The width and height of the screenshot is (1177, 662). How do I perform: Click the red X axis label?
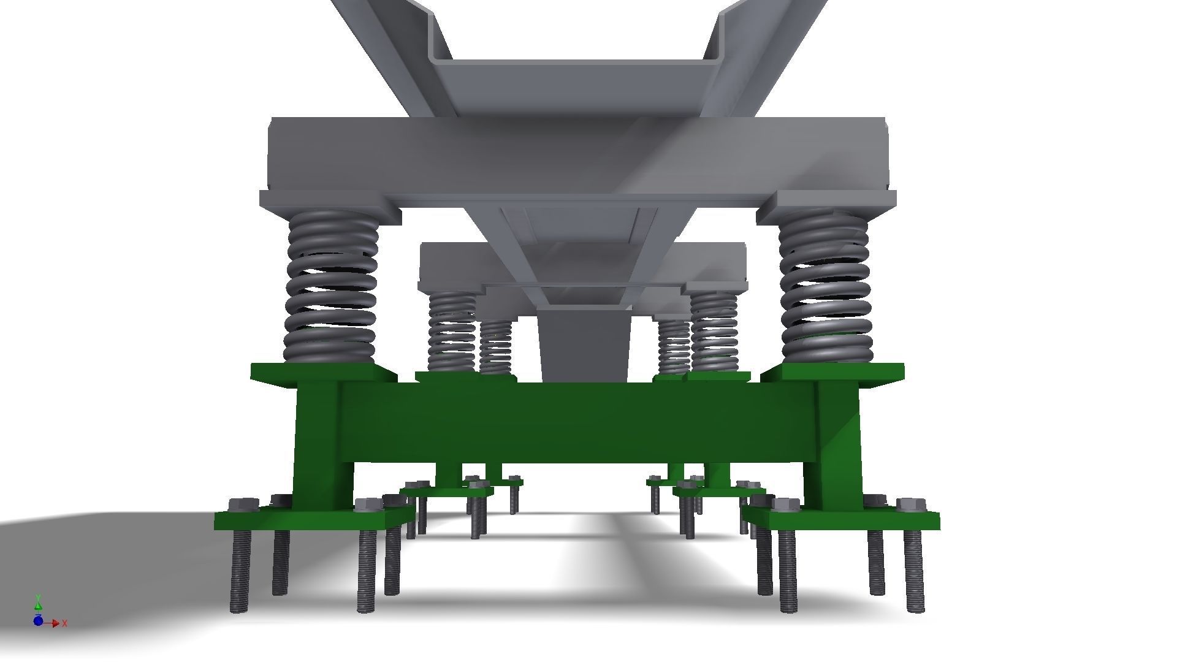65,623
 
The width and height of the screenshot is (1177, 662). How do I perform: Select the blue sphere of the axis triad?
38,621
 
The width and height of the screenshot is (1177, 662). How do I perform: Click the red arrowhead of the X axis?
56,623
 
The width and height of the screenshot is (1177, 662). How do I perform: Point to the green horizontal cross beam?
576,423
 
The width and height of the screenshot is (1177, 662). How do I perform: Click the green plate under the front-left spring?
324,372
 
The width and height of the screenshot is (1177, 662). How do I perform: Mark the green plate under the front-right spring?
834,372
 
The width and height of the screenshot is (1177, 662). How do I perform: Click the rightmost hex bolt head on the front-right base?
911,505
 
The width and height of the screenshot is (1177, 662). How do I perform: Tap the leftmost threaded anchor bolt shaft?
239,570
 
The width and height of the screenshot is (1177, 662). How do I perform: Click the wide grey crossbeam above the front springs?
576,153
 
